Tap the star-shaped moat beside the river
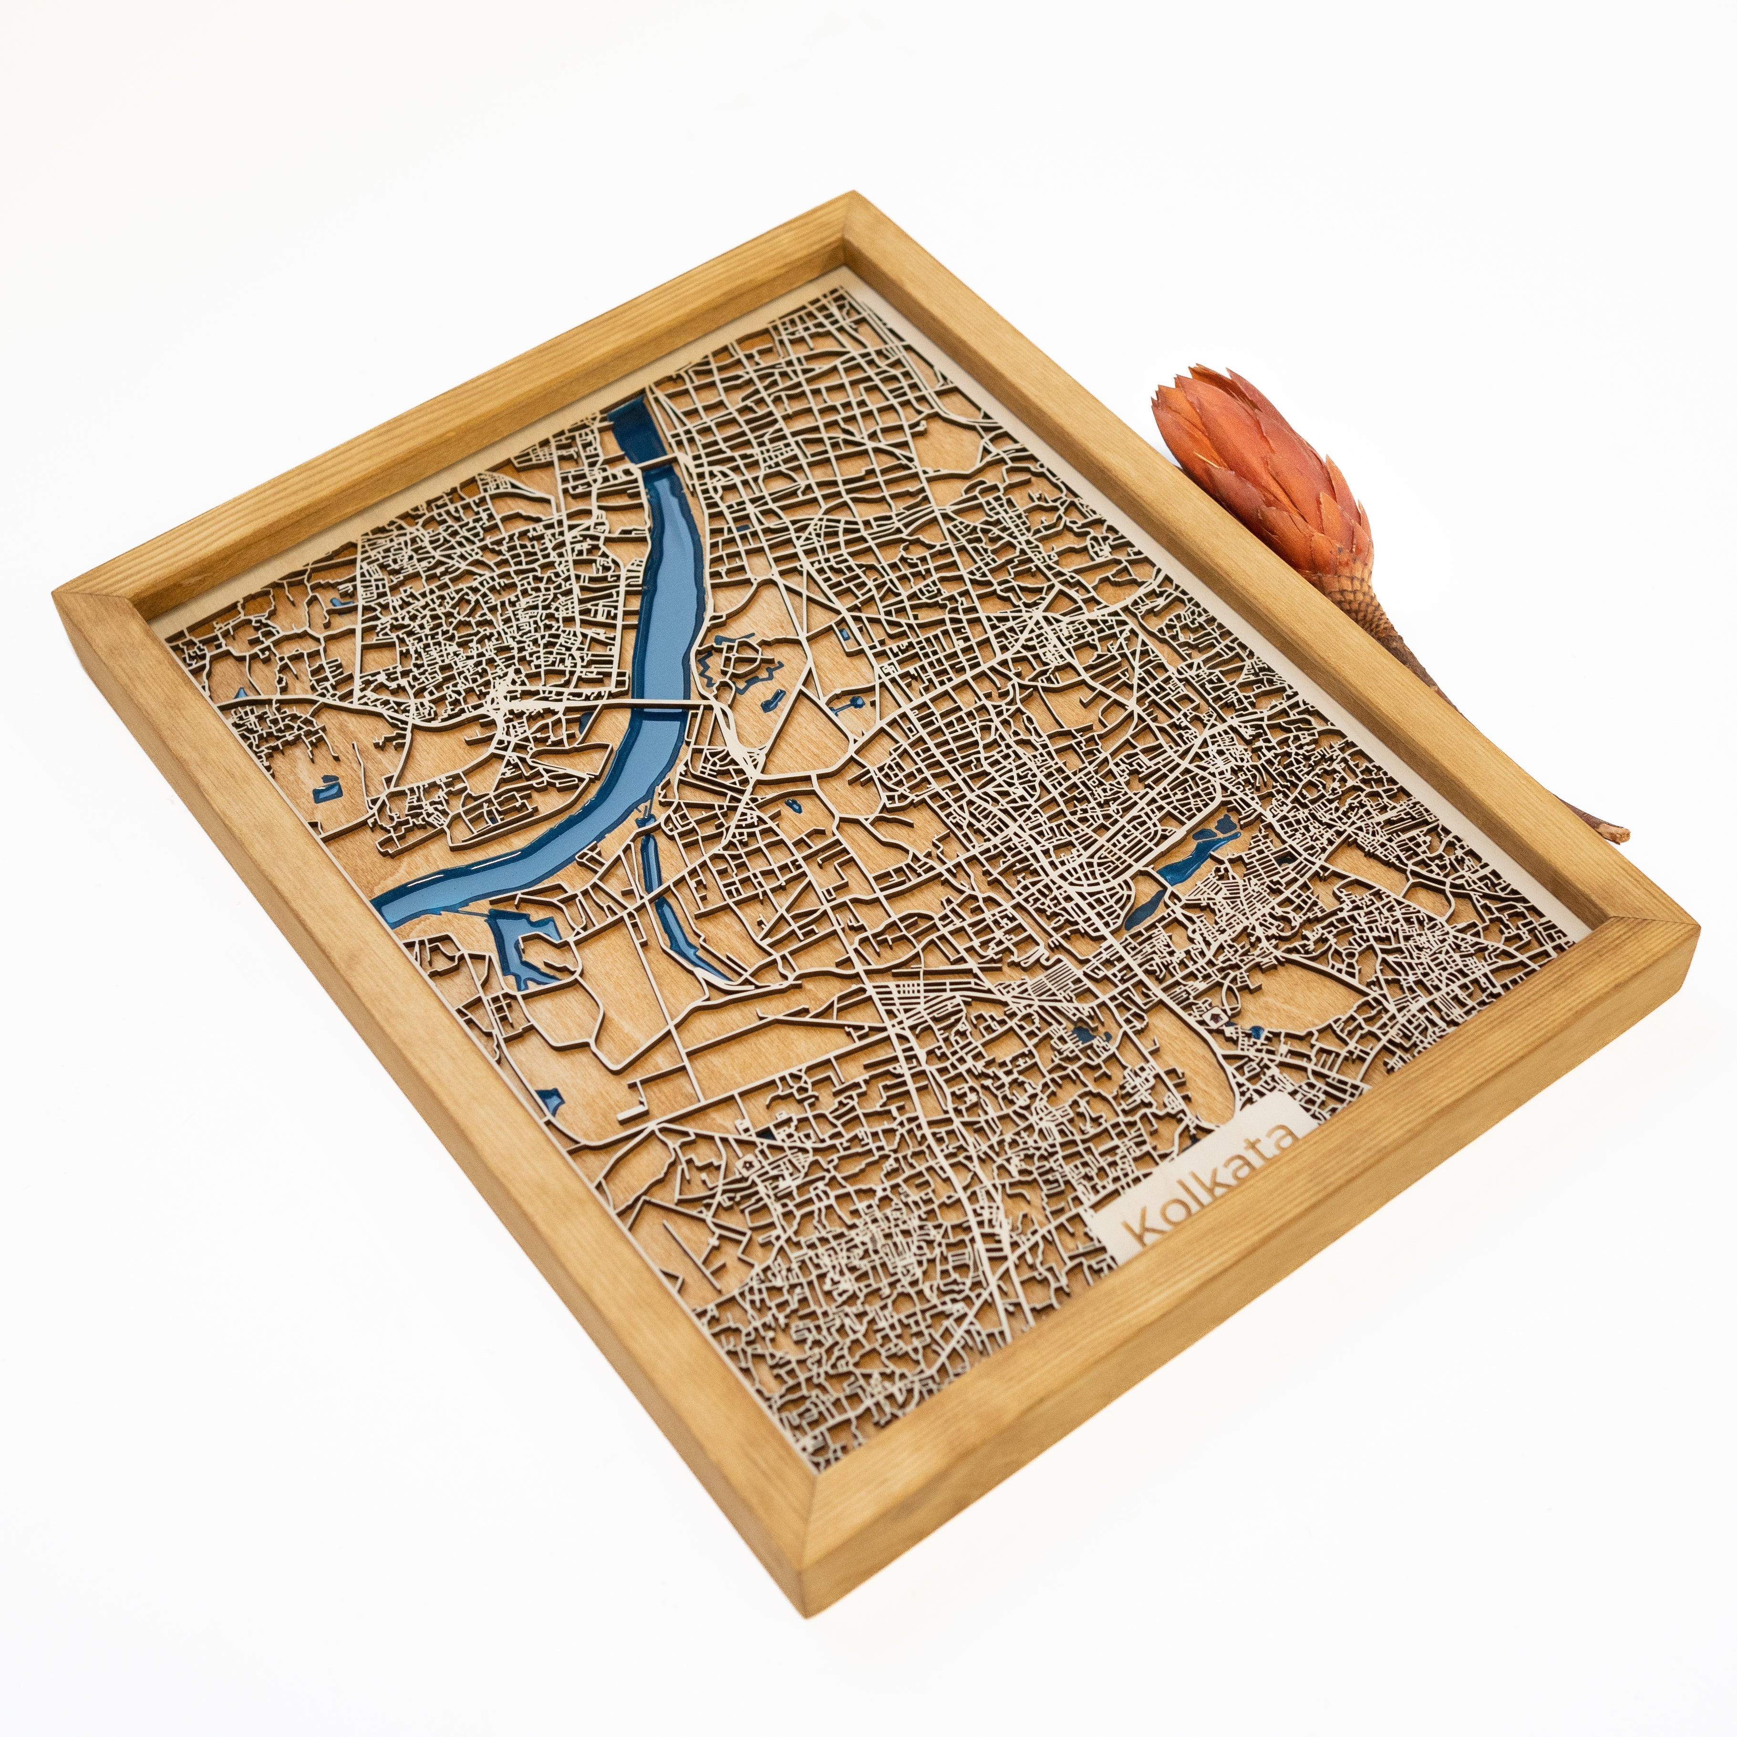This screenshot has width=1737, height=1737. tap(739, 665)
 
